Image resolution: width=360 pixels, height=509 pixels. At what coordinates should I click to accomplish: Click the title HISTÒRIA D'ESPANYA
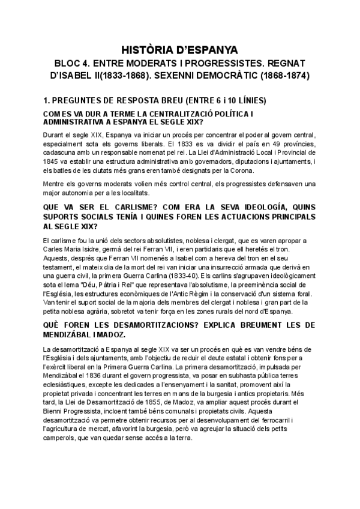(x=180, y=49)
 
